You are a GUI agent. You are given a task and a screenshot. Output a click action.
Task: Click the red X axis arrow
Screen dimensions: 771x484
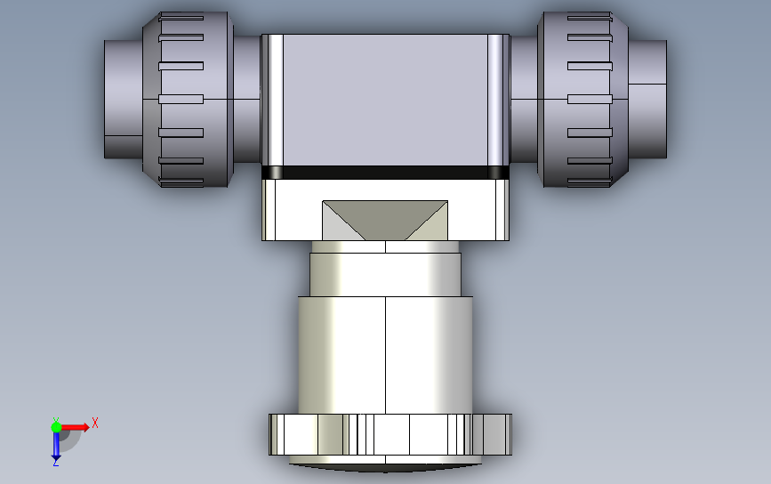tap(74, 427)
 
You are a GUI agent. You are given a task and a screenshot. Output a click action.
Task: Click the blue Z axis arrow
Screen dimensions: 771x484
tap(55, 445)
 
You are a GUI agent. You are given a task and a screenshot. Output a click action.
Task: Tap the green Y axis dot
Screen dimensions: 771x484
tap(56, 427)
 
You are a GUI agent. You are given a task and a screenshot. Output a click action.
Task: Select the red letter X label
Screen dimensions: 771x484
tap(95, 423)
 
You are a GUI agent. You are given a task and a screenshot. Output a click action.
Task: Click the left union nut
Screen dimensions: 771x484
tap(188, 100)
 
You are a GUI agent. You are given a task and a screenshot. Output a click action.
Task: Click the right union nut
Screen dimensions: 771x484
tap(582, 100)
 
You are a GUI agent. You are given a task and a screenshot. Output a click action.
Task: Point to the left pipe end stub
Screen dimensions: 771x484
tap(124, 100)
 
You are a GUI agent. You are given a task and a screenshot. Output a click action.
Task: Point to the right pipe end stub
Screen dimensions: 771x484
tap(647, 100)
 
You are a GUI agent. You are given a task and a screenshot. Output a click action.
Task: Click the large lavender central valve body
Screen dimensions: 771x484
tap(385, 100)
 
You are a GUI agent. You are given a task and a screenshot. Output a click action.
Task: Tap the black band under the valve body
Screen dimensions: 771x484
tap(385, 172)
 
